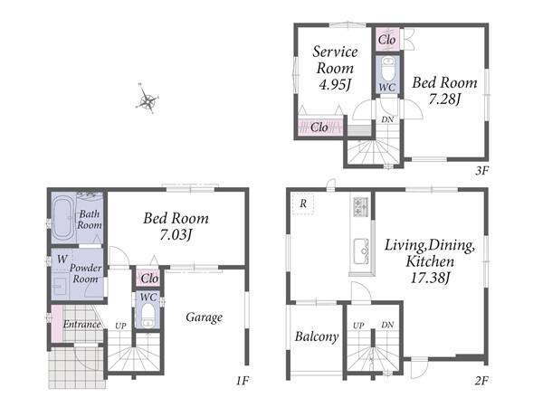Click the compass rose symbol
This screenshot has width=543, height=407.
[148, 99]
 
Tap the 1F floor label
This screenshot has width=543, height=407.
[243, 381]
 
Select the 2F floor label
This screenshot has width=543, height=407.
[481, 381]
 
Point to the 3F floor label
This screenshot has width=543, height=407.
[481, 171]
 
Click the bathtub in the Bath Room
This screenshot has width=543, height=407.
[63, 218]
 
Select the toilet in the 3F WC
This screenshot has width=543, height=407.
[388, 69]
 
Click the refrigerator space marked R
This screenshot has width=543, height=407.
[303, 203]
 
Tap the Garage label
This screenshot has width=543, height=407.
[204, 317]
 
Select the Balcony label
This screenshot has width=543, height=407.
[317, 336]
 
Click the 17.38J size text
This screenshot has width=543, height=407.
[430, 278]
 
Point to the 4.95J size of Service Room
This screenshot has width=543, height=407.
[335, 84]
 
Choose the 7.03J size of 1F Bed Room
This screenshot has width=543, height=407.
[176, 234]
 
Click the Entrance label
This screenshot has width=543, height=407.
[81, 325]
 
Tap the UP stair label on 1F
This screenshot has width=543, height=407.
[120, 326]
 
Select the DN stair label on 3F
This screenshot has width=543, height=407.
[387, 119]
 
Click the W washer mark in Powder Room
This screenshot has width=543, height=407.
[62, 259]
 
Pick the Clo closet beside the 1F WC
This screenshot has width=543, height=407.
[149, 279]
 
